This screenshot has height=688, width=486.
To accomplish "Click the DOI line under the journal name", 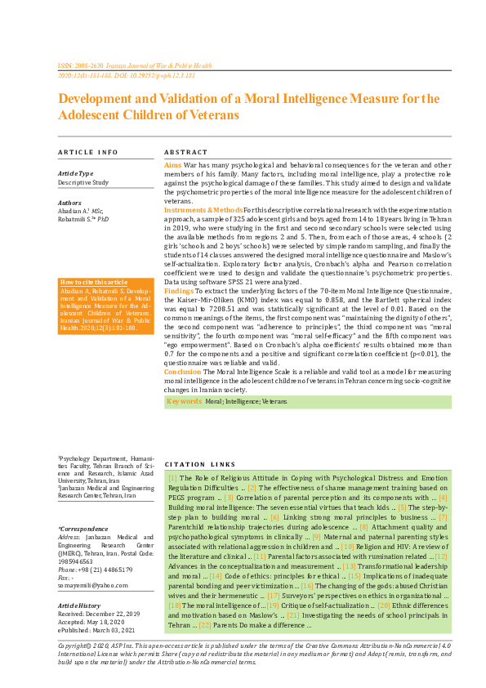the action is click(127, 74).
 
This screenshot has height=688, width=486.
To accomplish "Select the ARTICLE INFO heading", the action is click(87, 153).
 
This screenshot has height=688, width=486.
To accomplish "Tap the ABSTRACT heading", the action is click(185, 153).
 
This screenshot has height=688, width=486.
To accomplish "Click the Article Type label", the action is click(75, 173).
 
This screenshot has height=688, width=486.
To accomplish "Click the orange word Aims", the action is click(173, 165).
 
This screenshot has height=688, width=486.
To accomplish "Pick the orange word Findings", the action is click(179, 290).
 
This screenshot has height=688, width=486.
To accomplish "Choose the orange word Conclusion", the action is click(182, 371).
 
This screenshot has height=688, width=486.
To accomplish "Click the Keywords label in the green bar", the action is click(184, 401).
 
